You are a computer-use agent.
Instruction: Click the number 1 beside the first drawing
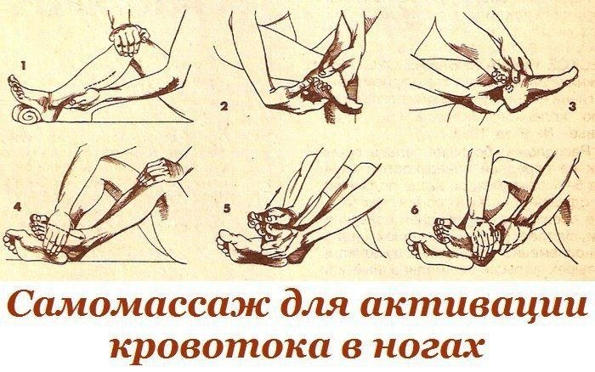tap(23, 66)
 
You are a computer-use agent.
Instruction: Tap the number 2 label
tap(224, 106)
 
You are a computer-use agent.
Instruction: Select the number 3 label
tap(572, 106)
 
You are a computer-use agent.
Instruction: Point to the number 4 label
tap(18, 206)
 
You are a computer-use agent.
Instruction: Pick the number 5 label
tap(227, 208)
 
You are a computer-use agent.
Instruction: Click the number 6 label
tap(415, 209)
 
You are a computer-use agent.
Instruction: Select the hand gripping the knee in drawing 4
tap(159, 172)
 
